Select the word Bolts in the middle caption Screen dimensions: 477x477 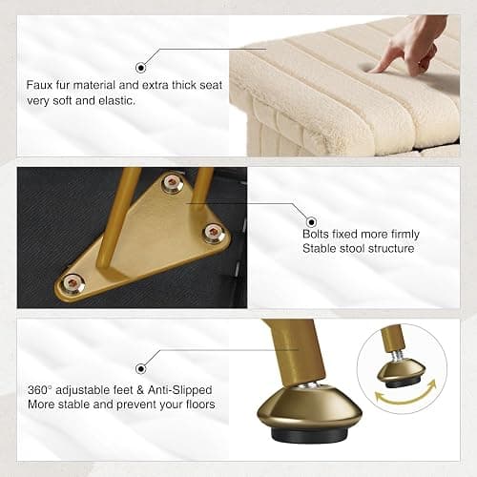pyautogui.click(x=311, y=235)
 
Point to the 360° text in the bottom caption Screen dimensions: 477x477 pyautogui.click(x=40, y=390)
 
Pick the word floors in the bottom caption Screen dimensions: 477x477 pyautogui.click(x=200, y=404)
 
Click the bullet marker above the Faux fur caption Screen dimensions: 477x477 pyautogui.click(x=141, y=68)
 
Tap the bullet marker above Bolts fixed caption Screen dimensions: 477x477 pyautogui.click(x=311, y=221)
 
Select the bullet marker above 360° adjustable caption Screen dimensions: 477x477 pyautogui.click(x=141, y=369)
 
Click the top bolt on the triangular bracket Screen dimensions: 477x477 pyautogui.click(x=173, y=183)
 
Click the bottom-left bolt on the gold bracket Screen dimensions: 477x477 pyautogui.click(x=73, y=282)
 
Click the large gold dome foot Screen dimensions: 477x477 pyautogui.click(x=309, y=408)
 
